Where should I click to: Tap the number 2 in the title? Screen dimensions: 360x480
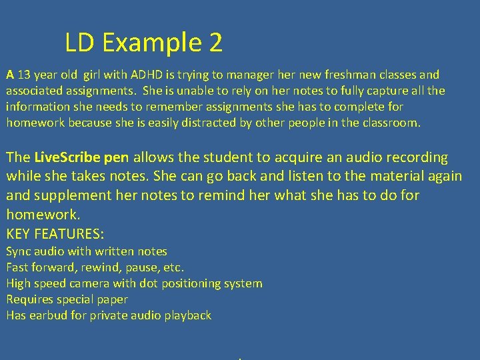point(215,43)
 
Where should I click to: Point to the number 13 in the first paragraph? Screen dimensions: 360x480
point(24,75)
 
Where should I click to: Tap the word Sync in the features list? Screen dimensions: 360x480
point(19,251)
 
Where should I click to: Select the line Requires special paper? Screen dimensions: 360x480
point(67,299)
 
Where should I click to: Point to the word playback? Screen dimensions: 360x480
point(186,315)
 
